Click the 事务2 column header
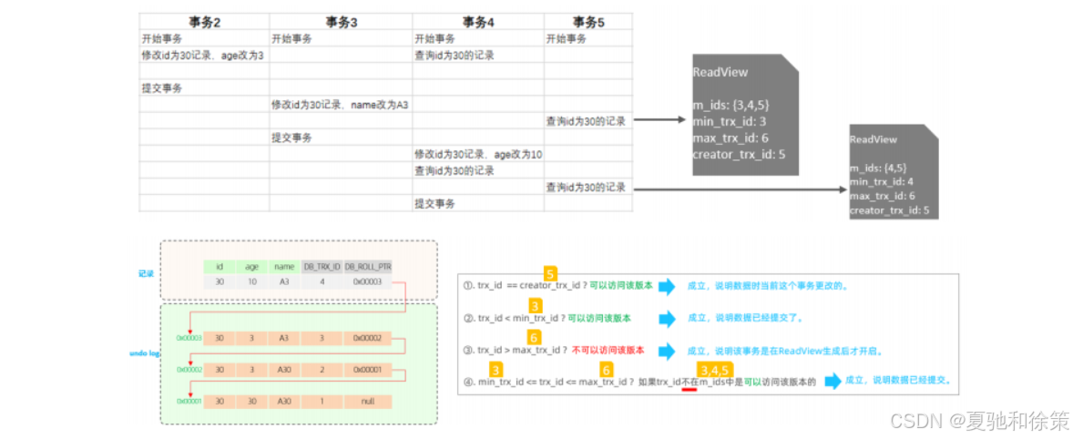tap(204, 22)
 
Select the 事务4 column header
tap(478, 22)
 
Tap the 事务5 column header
tap(588, 22)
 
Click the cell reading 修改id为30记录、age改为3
tap(202, 56)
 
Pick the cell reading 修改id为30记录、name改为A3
tap(340, 105)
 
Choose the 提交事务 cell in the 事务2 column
tap(161, 88)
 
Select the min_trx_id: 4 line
tap(882, 182)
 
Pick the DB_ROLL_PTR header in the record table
tap(367, 267)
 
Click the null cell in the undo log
tap(367, 402)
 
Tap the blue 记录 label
tap(146, 272)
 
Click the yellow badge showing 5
tap(550, 273)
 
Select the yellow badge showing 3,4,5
tap(714, 369)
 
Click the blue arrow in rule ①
tap(667, 287)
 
